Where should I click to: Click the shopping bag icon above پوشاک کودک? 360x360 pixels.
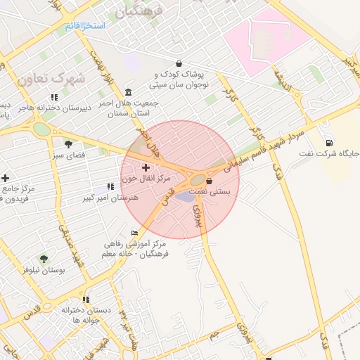point(178,63)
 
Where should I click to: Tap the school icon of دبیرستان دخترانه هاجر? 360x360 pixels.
point(54,97)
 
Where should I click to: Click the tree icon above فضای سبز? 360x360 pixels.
point(68,143)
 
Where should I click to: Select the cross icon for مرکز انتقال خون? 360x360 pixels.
point(146,167)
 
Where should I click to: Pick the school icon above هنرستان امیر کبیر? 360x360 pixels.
point(110,187)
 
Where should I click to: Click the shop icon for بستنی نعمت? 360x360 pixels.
point(210,181)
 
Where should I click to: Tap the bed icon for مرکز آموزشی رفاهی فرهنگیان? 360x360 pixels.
point(134,233)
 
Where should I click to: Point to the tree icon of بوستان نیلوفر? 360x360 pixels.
point(44,259)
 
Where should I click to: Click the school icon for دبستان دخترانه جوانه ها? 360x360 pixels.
point(86,300)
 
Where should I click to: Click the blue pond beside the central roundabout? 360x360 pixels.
point(185,196)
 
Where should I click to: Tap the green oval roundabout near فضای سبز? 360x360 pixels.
point(42,129)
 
